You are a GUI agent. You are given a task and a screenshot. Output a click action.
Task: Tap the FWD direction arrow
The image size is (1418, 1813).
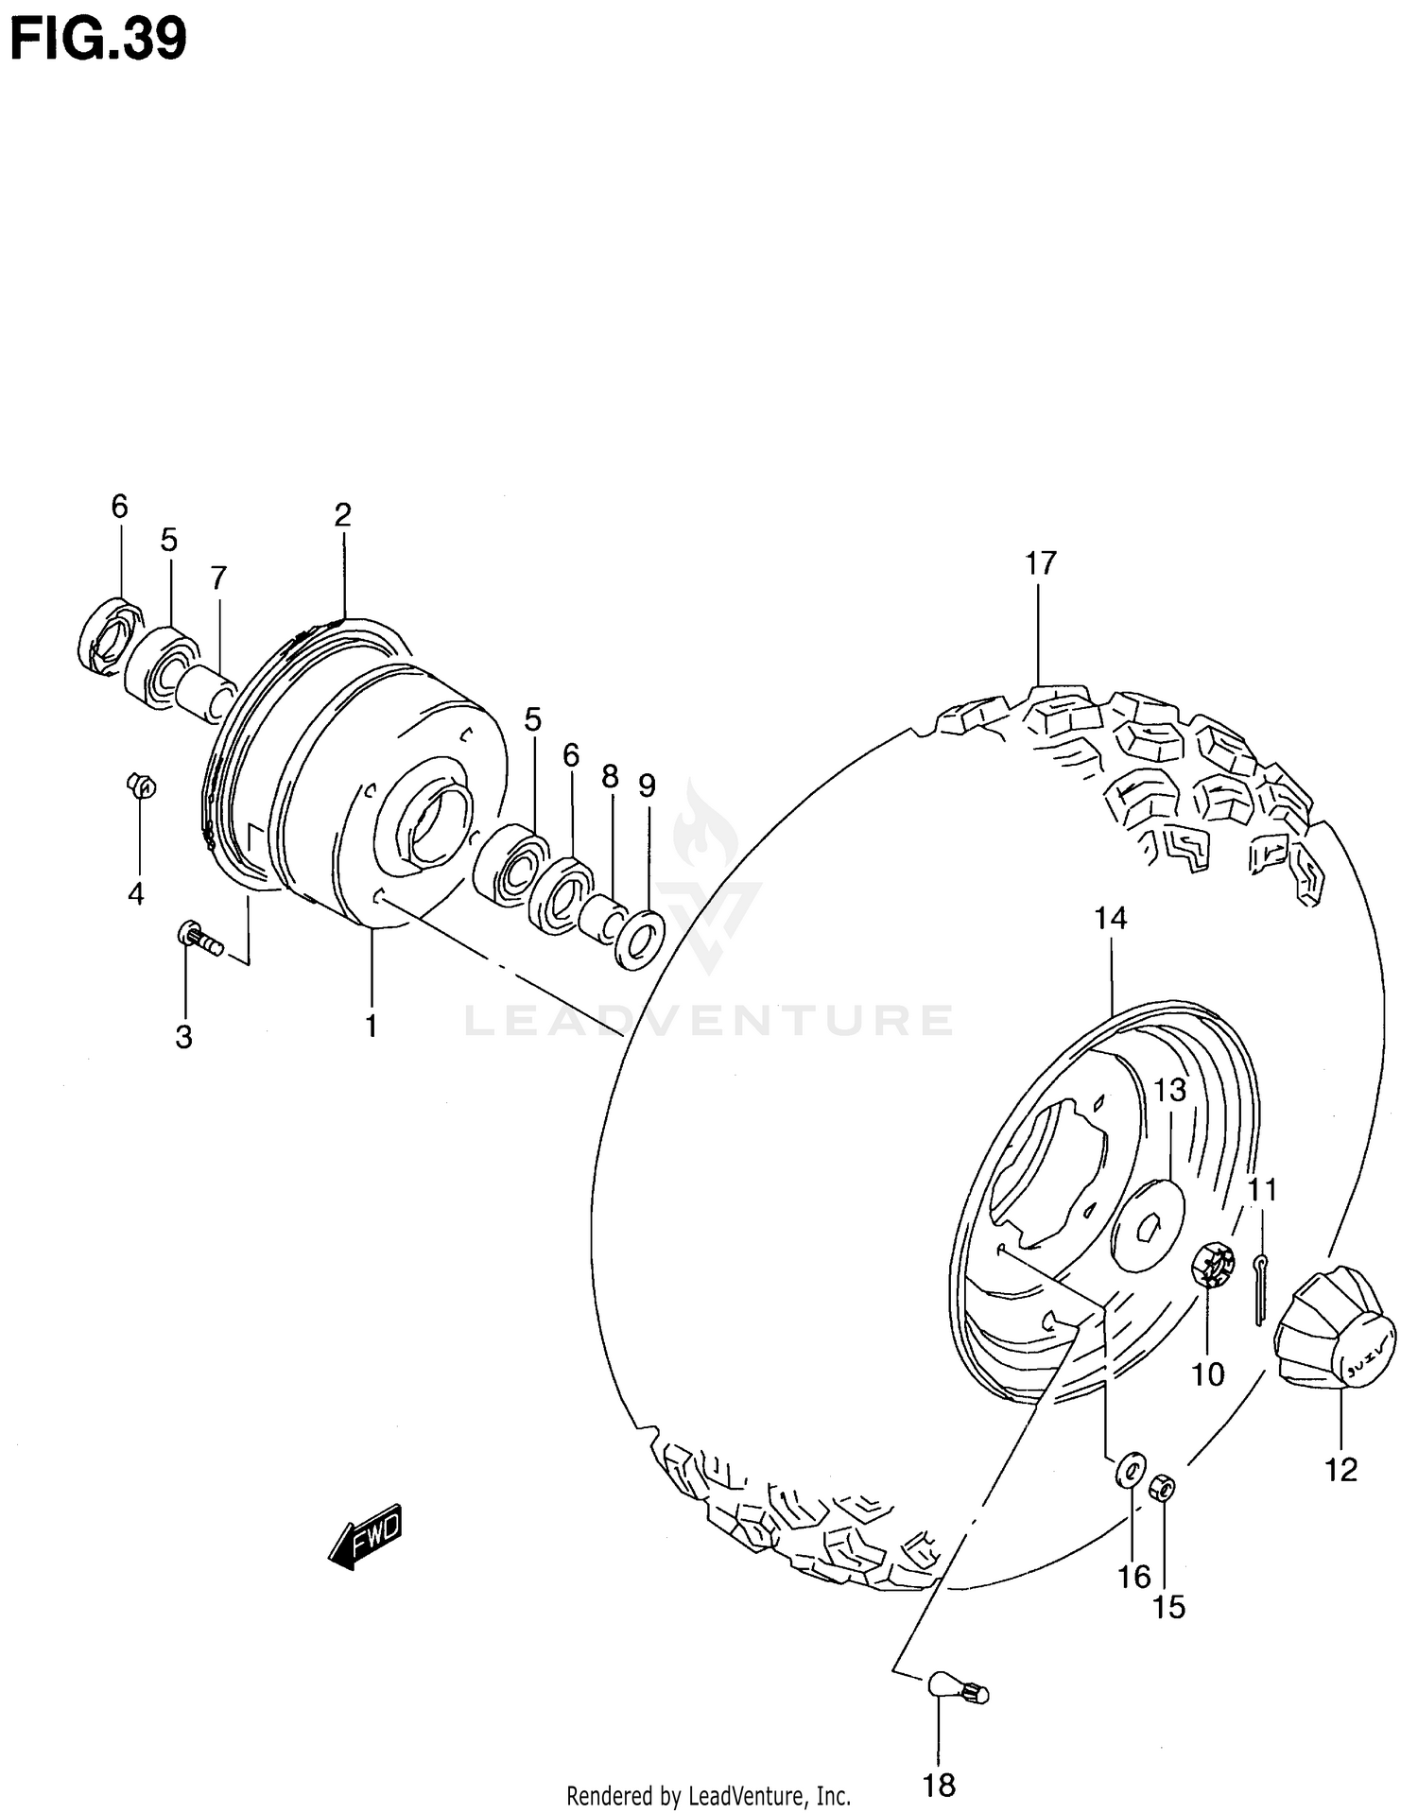(x=365, y=1536)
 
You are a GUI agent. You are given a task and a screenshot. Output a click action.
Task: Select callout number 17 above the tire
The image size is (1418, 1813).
(x=1040, y=564)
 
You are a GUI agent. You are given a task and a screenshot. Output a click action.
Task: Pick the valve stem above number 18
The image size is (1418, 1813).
(x=958, y=1688)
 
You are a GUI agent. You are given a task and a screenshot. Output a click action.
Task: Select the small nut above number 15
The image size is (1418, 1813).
(x=1163, y=1489)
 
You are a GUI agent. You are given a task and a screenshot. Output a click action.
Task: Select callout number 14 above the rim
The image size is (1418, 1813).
(x=1111, y=918)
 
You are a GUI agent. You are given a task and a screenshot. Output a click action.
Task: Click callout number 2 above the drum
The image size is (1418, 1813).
(x=342, y=515)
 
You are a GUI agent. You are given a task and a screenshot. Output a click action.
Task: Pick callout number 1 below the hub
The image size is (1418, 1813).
(x=372, y=1025)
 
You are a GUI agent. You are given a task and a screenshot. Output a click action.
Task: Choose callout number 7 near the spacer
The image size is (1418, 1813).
(x=218, y=578)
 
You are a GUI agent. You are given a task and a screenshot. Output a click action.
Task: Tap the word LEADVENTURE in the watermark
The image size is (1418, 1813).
(x=709, y=1021)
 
